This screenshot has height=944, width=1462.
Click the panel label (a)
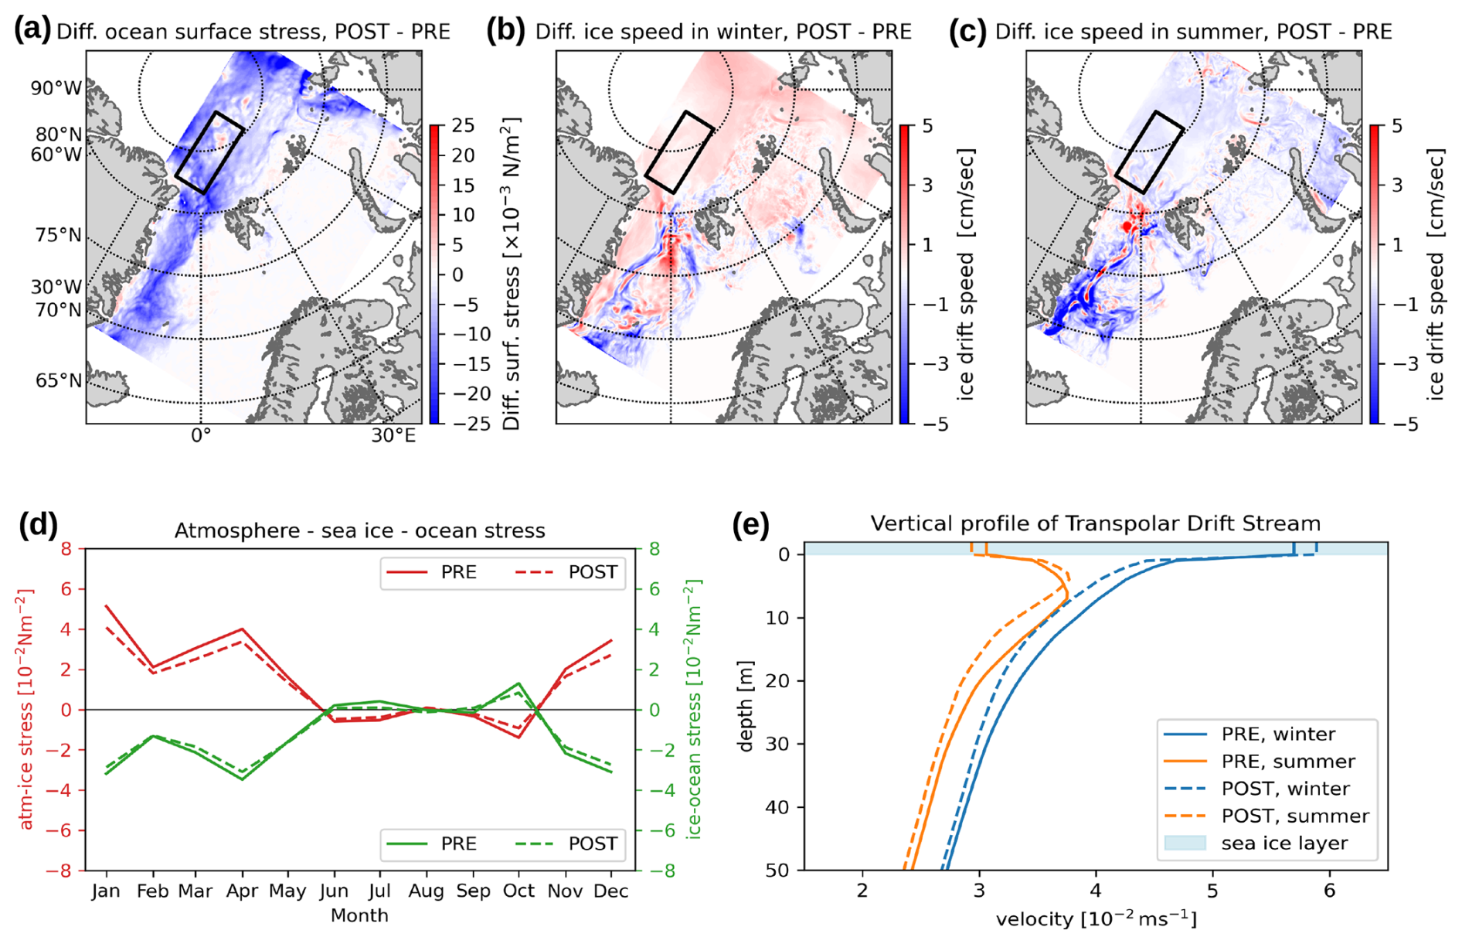(x=32, y=30)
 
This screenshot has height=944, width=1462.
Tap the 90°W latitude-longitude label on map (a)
(x=56, y=88)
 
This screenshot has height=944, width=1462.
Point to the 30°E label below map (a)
(x=393, y=436)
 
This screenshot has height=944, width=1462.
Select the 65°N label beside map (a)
(x=58, y=380)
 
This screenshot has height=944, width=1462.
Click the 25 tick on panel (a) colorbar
(x=463, y=125)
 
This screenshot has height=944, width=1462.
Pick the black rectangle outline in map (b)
(x=678, y=152)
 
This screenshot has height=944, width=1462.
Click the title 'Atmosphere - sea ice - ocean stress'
(x=359, y=530)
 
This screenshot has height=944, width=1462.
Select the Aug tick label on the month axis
(x=426, y=891)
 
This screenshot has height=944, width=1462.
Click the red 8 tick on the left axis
(x=66, y=549)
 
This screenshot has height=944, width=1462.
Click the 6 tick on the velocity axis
(x=1329, y=891)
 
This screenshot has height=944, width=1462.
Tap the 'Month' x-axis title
(x=359, y=916)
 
